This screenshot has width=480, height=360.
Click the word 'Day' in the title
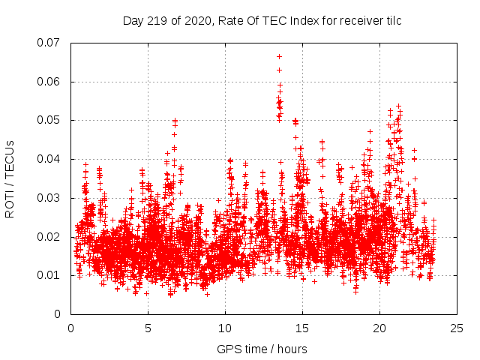tap(133, 21)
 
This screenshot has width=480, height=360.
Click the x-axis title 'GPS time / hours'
tap(262, 349)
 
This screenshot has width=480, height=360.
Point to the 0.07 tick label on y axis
tap(49, 43)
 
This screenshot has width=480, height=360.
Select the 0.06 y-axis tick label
tap(49, 82)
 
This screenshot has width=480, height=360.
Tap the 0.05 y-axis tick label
tap(49, 120)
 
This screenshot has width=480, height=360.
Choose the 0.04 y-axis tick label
tap(49, 159)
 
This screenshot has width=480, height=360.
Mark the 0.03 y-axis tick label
tap(49, 198)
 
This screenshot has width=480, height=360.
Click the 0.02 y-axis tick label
tap(49, 237)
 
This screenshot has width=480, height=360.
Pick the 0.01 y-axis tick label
tap(49, 275)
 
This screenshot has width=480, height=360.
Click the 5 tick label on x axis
tap(148, 328)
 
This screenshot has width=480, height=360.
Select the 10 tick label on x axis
tap(225, 328)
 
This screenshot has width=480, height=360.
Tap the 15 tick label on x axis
tap(302, 328)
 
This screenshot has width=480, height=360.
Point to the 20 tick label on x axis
tap(379, 328)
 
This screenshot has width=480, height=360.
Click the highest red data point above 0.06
tap(279, 56)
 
